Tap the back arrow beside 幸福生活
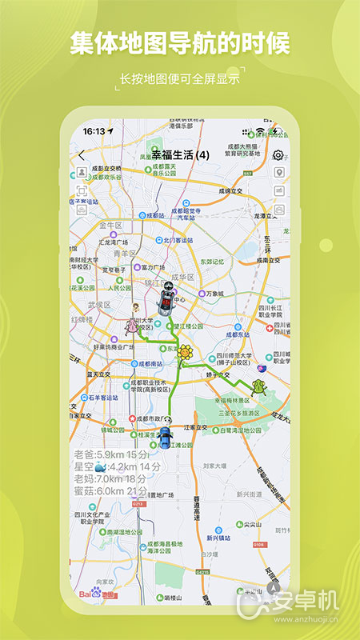(x=81, y=155)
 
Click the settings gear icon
(x=278, y=155)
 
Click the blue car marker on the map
(x=165, y=437)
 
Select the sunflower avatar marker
(x=186, y=352)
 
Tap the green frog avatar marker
(x=258, y=387)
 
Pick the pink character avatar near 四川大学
(x=132, y=326)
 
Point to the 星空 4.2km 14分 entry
(x=117, y=466)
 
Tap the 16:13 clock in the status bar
(x=94, y=130)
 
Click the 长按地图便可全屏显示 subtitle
(x=179, y=78)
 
